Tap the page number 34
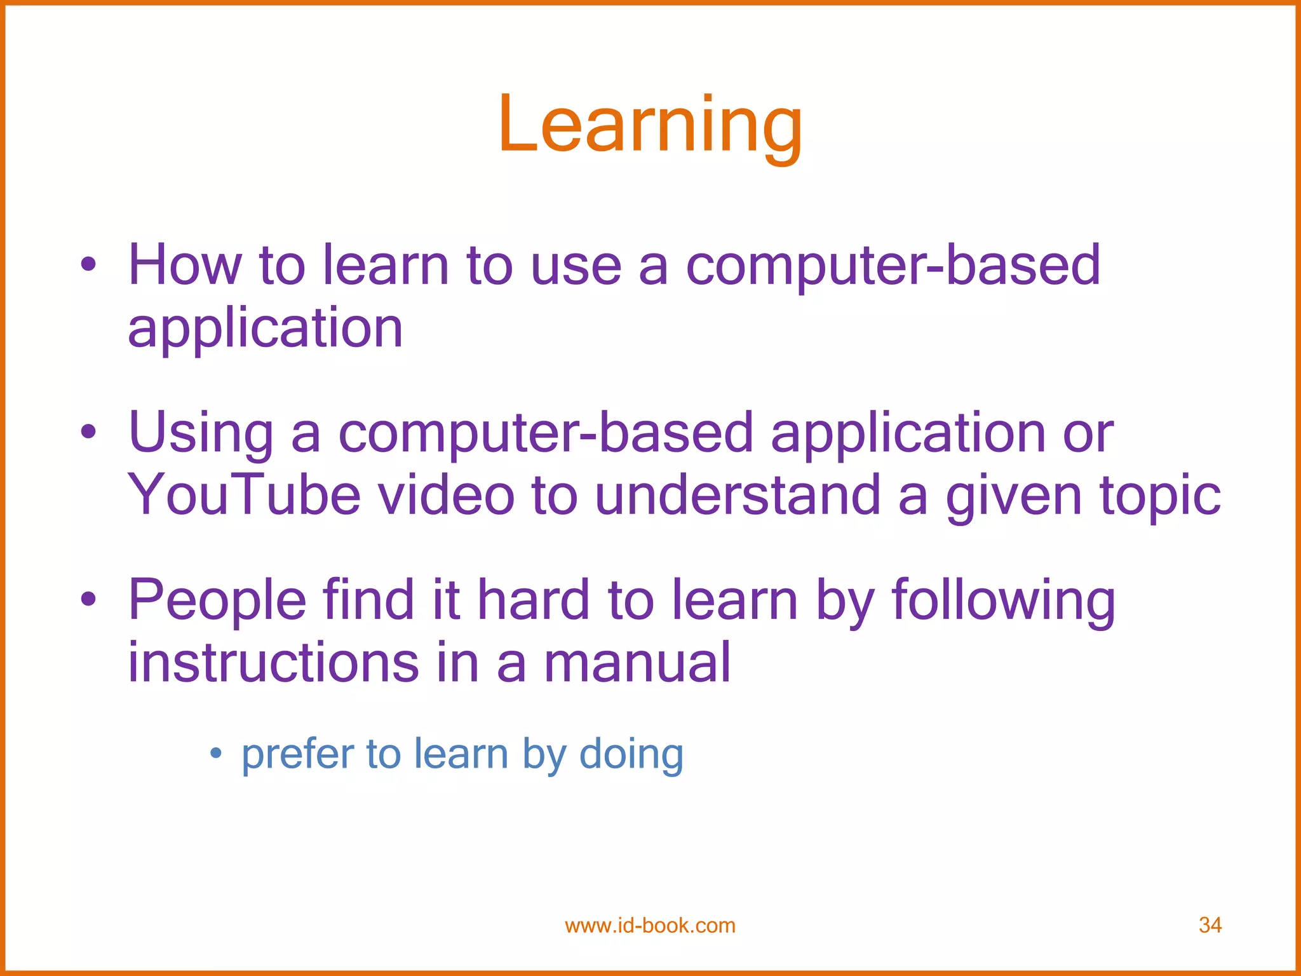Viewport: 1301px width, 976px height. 1210,925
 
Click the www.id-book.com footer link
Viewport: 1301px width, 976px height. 650,926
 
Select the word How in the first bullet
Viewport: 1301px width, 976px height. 185,265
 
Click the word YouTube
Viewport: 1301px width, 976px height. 244,495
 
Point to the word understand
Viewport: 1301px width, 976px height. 737,495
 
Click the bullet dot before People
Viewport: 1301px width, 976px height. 88,599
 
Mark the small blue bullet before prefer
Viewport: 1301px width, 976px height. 216,754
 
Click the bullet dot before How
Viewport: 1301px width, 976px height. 88,264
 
